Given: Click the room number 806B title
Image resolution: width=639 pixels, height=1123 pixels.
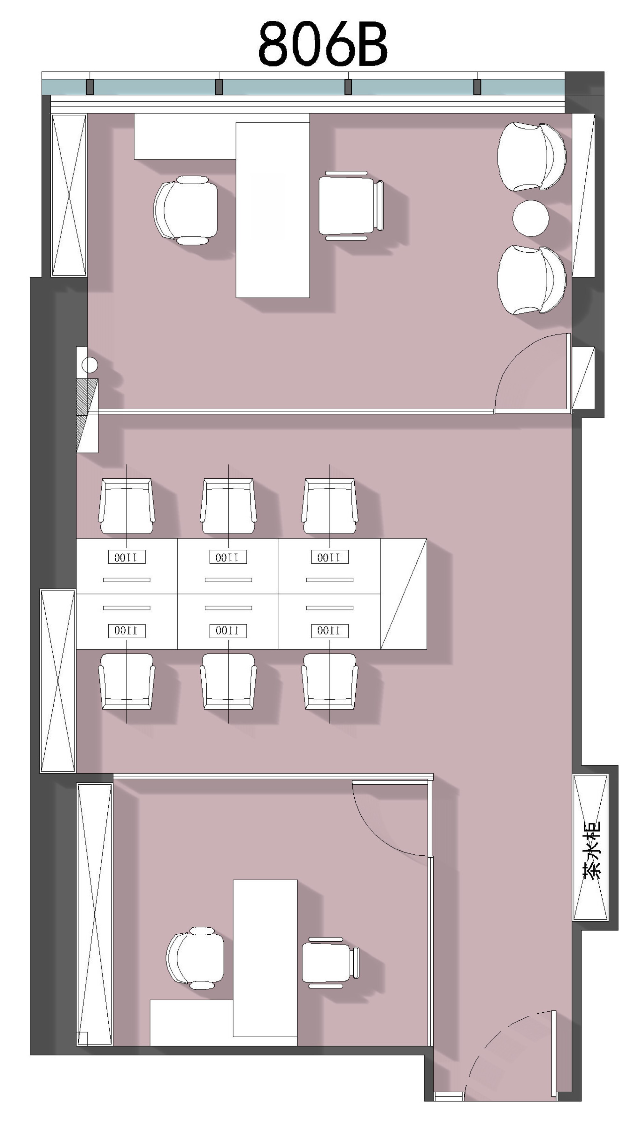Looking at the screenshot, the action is tap(323, 44).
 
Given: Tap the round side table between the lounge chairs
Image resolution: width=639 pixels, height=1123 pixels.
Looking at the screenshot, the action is tap(531, 218).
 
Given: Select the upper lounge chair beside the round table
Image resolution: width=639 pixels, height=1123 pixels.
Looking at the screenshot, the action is tap(531, 157).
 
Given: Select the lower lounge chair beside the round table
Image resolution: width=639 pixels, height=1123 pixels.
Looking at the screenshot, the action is tap(531, 280).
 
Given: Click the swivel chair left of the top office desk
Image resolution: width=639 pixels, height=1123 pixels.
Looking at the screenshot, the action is tap(186, 210).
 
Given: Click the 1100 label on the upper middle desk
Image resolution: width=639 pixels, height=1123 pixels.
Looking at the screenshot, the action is tap(228, 557).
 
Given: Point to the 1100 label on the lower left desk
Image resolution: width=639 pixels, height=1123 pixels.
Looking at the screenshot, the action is tap(127, 631).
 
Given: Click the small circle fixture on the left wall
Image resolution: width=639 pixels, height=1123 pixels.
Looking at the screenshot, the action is tap(89, 365).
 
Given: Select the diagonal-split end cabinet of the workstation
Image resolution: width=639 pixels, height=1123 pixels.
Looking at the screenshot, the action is tap(403, 594).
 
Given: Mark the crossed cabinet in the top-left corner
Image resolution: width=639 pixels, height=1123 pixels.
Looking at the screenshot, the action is tap(69, 195).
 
